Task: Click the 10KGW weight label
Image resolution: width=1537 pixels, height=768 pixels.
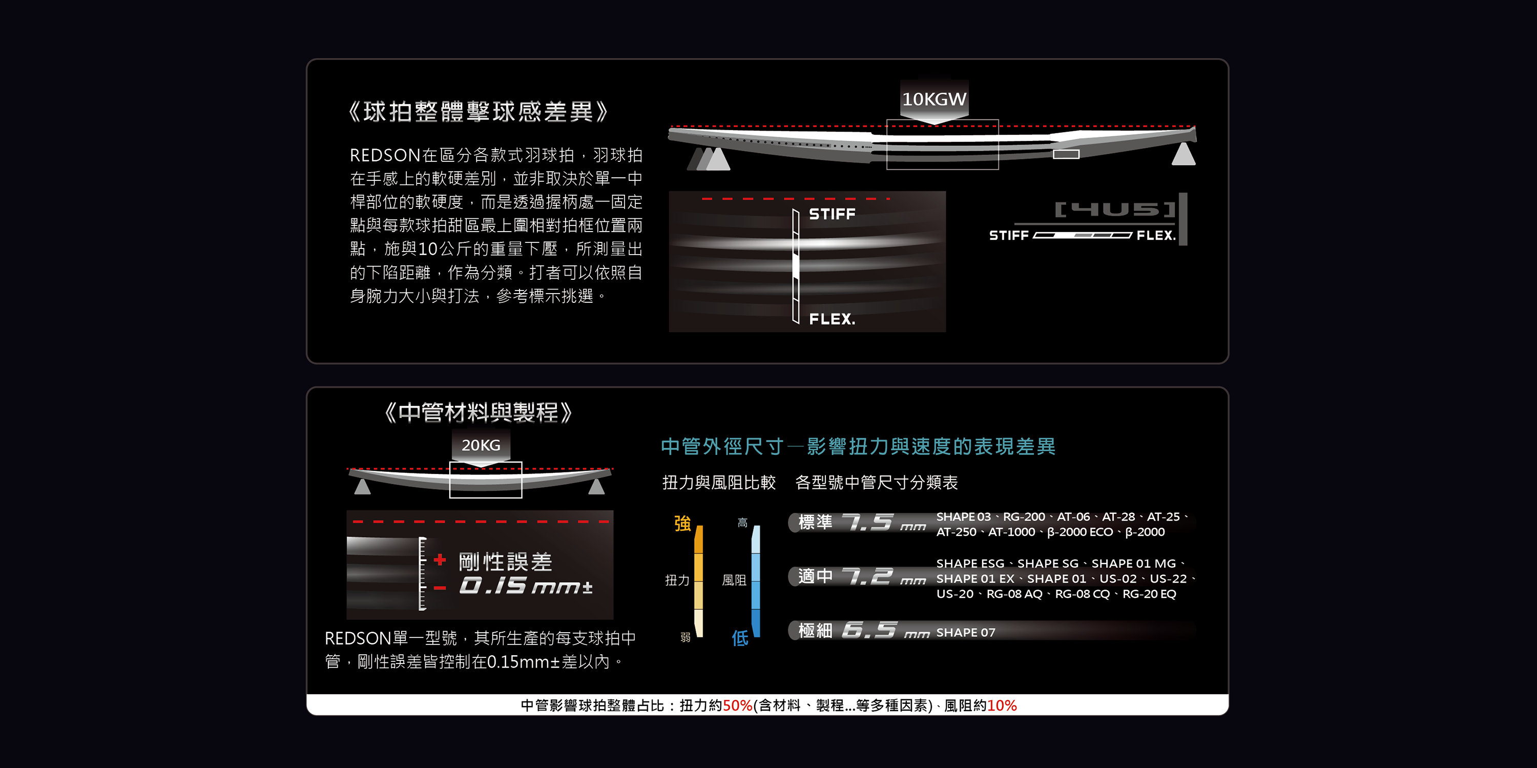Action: pos(934,99)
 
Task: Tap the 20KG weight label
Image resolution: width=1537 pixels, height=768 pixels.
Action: pos(481,445)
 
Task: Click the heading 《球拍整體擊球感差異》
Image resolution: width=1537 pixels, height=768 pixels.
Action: pos(478,112)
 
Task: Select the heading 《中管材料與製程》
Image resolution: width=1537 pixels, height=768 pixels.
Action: pos(478,412)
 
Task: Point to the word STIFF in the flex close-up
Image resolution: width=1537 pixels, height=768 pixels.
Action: pos(832,214)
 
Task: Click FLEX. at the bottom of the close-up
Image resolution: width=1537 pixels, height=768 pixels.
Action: pos(832,319)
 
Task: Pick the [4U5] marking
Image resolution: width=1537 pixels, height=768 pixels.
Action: pos(1114,210)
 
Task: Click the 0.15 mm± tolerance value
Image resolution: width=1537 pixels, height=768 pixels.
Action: pos(526,586)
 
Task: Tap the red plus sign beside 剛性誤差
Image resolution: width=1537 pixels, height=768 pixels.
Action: pos(440,560)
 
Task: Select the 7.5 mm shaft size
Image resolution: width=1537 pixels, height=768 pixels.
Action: pos(883,523)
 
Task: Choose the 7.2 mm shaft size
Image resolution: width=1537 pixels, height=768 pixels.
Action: pos(883,576)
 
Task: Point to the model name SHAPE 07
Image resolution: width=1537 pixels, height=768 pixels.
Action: pos(965,633)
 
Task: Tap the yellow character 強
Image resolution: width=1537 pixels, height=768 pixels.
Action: pos(682,523)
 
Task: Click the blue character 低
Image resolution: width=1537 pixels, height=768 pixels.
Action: pos(740,638)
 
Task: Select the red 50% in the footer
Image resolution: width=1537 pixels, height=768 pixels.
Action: pos(737,705)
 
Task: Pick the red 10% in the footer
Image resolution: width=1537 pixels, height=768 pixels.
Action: pos(1002,705)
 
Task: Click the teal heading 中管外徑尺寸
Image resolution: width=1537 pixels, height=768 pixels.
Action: pos(722,446)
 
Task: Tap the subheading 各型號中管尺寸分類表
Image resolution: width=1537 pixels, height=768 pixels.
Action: pos(876,482)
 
